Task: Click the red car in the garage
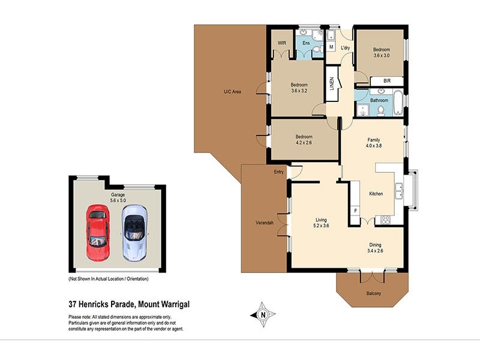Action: tap(97, 233)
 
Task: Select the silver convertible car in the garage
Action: tap(134, 233)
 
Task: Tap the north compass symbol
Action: tap(262, 314)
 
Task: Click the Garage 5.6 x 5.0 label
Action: tap(117, 199)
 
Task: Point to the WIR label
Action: tap(281, 44)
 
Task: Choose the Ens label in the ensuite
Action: tap(306, 44)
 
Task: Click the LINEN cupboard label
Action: tap(331, 85)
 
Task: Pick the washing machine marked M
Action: tap(331, 47)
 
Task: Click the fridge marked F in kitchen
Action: tap(355, 211)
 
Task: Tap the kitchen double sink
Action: tap(399, 191)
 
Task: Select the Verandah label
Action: tap(265, 223)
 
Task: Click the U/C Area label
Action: tap(232, 92)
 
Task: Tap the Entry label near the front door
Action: tap(279, 172)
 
